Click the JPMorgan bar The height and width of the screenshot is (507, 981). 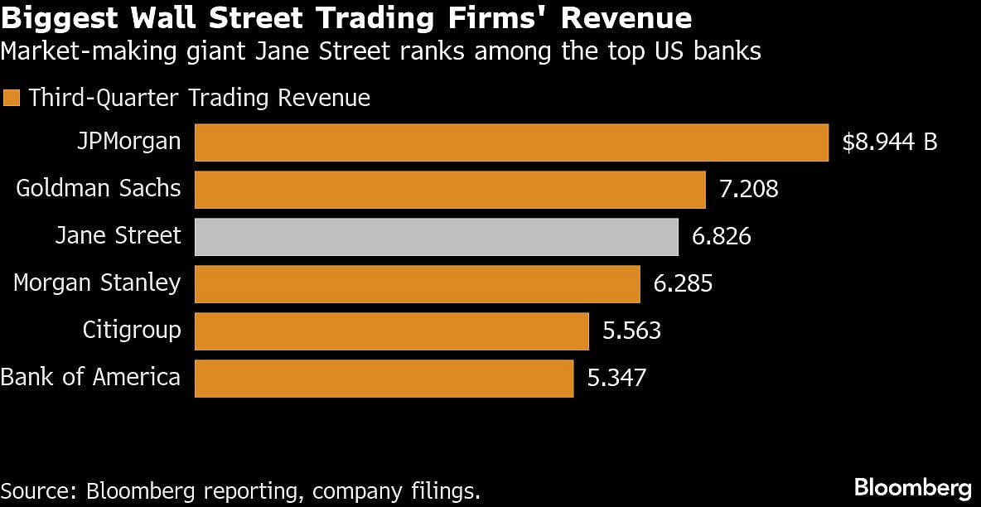click(511, 142)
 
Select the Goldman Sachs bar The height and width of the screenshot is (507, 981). click(450, 190)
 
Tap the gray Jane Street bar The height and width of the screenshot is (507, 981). click(437, 237)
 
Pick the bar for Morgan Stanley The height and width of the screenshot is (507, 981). click(418, 284)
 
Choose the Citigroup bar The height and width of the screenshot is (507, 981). click(392, 331)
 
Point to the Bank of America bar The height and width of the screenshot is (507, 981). click(384, 379)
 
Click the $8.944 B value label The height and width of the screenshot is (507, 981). click(889, 142)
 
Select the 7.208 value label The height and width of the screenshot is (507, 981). click(749, 190)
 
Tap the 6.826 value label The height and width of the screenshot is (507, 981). click(721, 237)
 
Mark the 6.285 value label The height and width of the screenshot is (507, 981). click(683, 284)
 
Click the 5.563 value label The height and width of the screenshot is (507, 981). click(631, 331)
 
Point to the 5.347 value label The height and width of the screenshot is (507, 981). click(616, 379)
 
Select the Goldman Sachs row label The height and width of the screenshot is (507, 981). click(99, 188)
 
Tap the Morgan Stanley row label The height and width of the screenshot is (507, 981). click(97, 283)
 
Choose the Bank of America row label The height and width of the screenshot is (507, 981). click(90, 378)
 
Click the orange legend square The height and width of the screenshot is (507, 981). click(12, 99)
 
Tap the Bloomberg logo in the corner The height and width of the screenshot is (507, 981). click(912, 486)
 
